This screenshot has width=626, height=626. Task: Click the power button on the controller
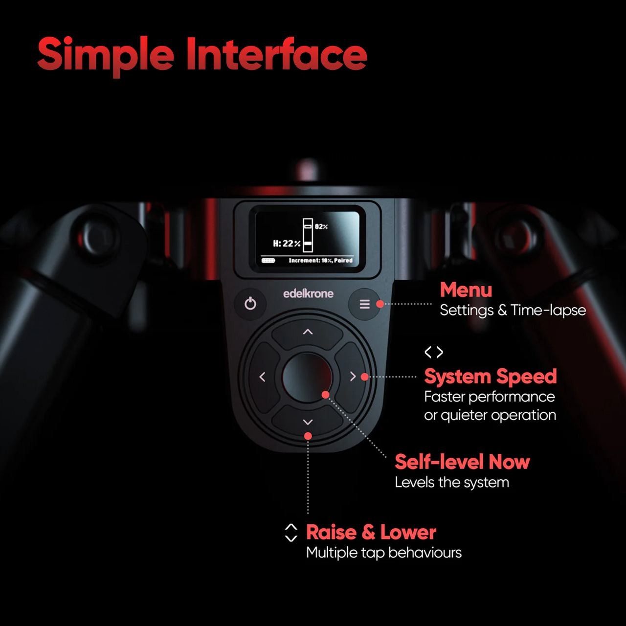tap(250, 304)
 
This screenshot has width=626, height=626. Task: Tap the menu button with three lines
tap(364, 304)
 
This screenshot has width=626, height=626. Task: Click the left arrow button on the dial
tap(263, 377)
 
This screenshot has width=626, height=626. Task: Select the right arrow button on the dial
tap(353, 377)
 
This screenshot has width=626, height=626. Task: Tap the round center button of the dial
tap(307, 377)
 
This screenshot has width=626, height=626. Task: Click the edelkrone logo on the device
tap(308, 293)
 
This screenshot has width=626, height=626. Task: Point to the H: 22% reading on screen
tap(287, 244)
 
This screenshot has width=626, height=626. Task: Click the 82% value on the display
tap(321, 227)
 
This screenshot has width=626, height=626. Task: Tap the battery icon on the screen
tap(268, 261)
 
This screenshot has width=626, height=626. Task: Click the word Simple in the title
tap(106, 55)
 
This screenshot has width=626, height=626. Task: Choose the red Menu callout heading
tap(466, 290)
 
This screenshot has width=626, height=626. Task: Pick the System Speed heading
tap(491, 377)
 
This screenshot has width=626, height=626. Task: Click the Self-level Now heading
tap(462, 462)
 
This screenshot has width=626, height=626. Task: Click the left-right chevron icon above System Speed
tap(434, 352)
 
